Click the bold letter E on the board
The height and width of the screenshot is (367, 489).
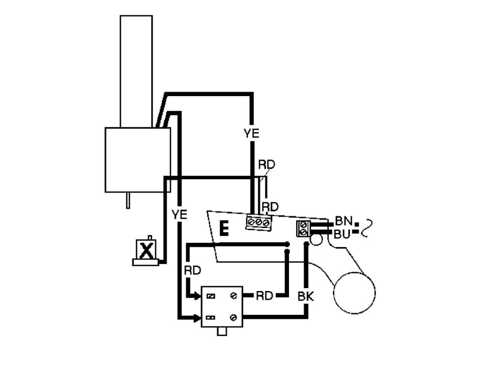click(x=223, y=228)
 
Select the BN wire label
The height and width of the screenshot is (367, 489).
click(x=343, y=221)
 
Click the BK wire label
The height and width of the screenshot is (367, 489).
click(x=305, y=297)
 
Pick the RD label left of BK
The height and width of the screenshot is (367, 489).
click(x=264, y=296)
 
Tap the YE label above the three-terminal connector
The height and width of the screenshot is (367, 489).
click(x=251, y=133)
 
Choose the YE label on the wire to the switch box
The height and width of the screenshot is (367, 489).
click(x=179, y=215)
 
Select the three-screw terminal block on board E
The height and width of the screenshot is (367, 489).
click(x=259, y=223)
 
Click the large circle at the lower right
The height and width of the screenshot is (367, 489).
click(x=354, y=292)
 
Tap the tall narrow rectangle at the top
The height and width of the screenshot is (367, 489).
click(x=136, y=71)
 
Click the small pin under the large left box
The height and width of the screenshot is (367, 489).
click(x=128, y=200)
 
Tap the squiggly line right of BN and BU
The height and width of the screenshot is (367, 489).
click(x=366, y=228)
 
